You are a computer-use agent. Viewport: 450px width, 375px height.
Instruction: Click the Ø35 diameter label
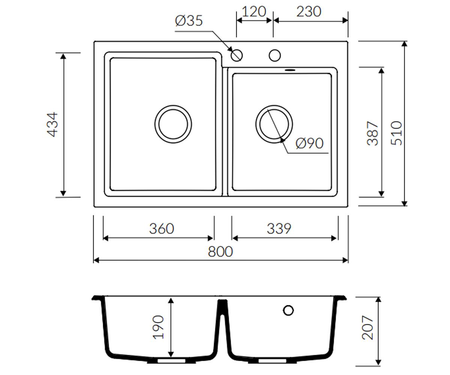189,21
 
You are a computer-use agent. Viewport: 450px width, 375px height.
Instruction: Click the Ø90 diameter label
310,143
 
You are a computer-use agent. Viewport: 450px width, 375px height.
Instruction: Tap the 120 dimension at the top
254,12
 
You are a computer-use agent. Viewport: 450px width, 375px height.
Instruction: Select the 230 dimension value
309,12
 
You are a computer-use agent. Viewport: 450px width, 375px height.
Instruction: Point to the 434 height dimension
52,124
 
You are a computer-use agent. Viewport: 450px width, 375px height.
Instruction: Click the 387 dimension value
373,133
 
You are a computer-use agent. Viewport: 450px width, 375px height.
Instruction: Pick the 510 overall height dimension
396,133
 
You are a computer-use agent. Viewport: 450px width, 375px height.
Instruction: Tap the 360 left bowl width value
162,229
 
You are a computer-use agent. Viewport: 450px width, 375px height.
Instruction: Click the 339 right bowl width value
279,229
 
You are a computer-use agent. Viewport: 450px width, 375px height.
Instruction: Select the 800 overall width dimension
220,252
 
